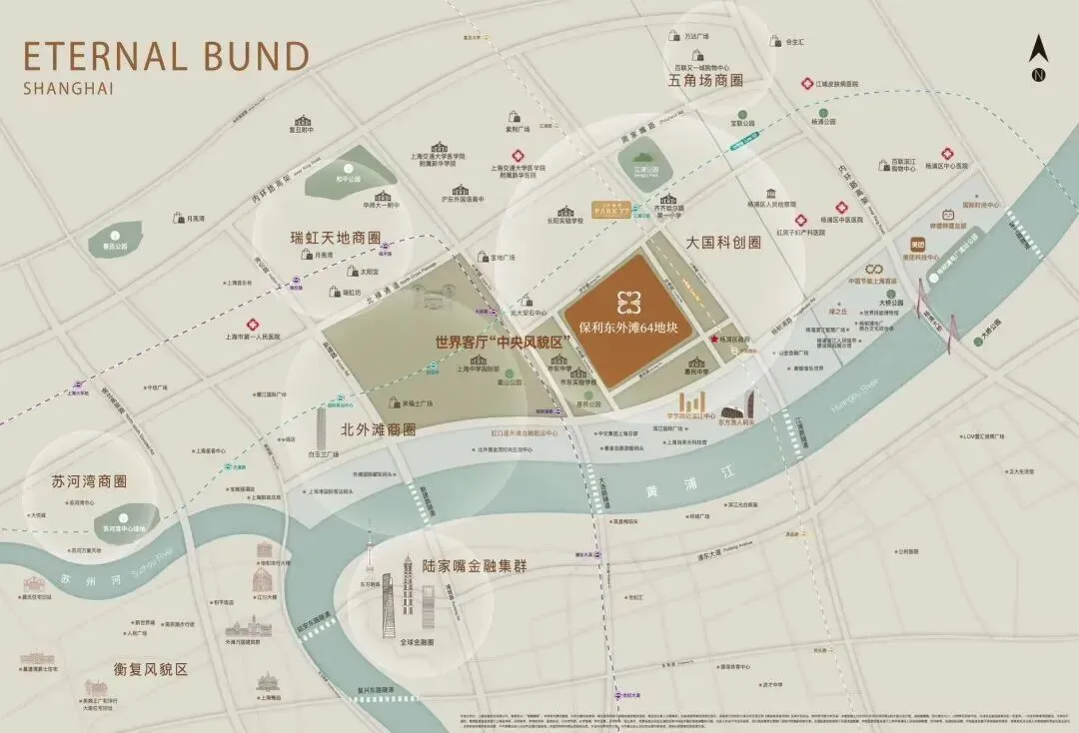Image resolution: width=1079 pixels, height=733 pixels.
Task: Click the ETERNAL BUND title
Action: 166,55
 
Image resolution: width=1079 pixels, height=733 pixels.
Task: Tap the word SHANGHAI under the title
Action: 68,88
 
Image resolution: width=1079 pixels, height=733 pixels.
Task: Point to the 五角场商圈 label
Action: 706,80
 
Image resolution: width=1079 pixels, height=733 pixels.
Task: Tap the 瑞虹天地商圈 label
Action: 336,239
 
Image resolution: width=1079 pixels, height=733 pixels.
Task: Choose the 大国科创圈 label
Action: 723,243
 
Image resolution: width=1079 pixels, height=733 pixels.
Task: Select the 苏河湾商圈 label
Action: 90,481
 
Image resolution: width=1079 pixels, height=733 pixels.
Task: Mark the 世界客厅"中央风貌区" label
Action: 502,342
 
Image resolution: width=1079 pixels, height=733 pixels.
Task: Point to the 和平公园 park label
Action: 348,181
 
